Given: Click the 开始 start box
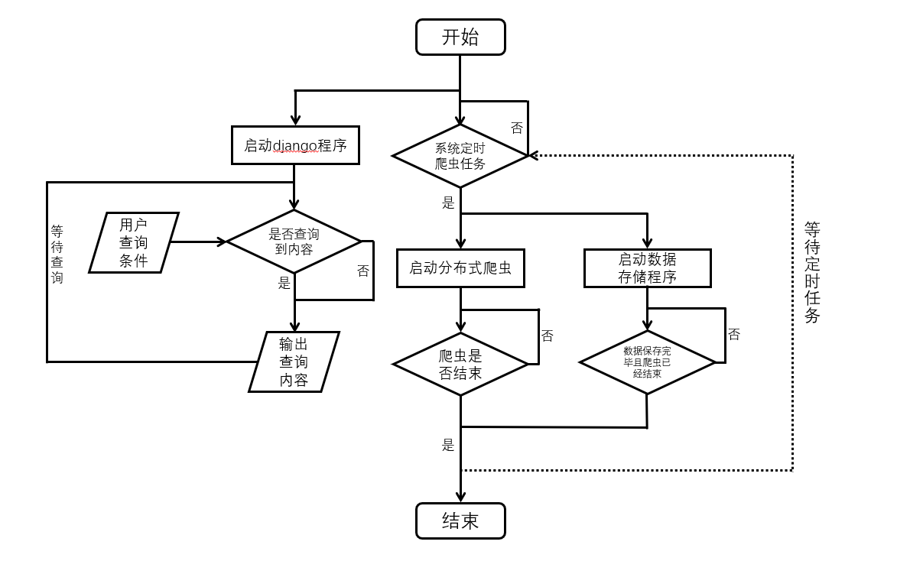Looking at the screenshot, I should (460, 37).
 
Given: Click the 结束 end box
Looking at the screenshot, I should (460, 520).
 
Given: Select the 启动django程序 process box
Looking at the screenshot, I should (295, 145).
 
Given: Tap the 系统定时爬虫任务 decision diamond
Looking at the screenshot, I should (460, 156).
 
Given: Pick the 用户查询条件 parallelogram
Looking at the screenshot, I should (134, 243).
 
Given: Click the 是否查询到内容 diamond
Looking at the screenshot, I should (294, 242).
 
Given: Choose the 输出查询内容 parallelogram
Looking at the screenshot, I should (294, 362).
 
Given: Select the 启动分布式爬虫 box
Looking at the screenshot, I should (460, 268).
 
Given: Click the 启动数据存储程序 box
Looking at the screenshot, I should (647, 268).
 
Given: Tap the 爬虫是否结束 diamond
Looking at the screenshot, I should (460, 364).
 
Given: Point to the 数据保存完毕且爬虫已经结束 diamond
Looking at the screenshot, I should (647, 362).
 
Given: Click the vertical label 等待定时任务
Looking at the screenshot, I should (812, 272).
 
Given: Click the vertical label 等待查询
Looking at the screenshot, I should (57, 254).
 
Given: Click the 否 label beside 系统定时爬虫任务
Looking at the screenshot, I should (517, 128).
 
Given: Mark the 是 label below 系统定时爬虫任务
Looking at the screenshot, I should (448, 203).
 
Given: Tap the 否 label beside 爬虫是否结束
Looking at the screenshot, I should (547, 336).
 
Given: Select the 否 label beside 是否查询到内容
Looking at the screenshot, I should (362, 271).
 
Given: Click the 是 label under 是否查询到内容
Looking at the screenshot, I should (284, 284).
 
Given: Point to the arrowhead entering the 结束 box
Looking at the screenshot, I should (460, 497).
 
